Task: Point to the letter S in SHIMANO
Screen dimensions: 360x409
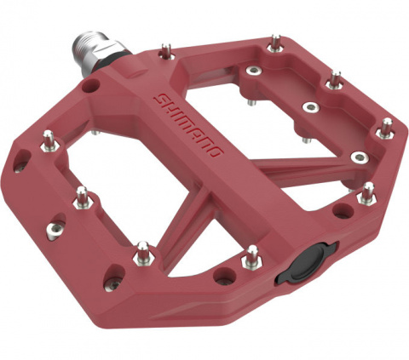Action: (159, 100)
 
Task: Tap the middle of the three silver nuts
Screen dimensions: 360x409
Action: (312, 108)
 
